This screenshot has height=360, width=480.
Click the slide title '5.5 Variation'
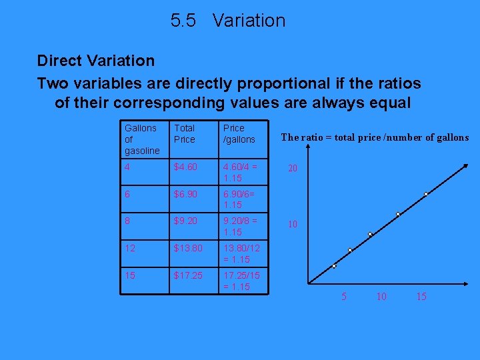coord(227,21)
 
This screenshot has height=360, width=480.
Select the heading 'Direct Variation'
coord(95,61)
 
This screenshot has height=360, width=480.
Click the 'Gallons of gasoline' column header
coord(141,139)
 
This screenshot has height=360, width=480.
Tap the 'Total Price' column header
coord(184,133)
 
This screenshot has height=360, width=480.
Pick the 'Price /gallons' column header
coord(239,133)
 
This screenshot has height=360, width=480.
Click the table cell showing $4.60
coord(187,168)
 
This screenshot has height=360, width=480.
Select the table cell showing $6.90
coord(187,195)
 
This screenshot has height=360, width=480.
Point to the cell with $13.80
coord(189,249)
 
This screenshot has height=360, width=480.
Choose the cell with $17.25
coord(189,275)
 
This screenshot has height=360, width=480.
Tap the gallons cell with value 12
coord(130,249)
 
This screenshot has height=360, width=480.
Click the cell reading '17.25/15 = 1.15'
coord(241,281)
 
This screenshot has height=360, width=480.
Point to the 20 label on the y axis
coord(292,169)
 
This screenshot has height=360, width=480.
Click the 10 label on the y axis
coord(292,225)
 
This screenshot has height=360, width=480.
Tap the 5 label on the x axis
coord(344,297)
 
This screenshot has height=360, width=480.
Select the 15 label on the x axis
coord(421,297)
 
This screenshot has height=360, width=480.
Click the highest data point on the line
coord(426,194)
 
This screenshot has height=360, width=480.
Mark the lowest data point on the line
coord(334,267)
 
